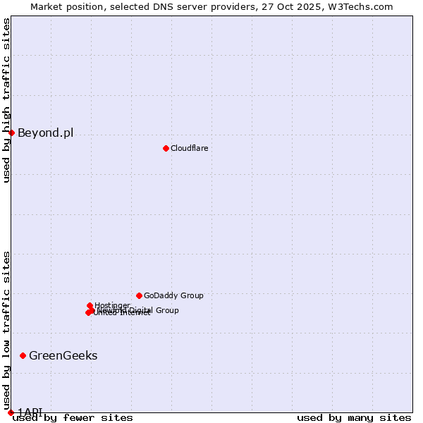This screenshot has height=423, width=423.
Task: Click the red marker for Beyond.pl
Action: [x=11, y=133]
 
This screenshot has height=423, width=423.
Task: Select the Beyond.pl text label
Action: [x=45, y=133]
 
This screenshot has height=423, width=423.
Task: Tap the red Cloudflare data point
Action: [x=166, y=148]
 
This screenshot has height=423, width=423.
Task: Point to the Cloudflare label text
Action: [x=189, y=148]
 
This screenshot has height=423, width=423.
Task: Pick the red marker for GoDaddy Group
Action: [x=139, y=295]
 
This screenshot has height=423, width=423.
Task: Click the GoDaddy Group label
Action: [x=173, y=295]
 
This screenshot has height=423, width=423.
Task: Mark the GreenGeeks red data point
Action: [x=23, y=355]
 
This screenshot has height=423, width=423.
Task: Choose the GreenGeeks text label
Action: [x=63, y=355]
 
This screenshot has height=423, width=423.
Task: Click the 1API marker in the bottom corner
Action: [x=11, y=412]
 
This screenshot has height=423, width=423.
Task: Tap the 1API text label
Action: [x=30, y=411]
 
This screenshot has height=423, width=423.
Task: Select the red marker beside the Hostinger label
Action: [x=90, y=305]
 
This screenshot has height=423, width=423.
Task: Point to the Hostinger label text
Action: [x=112, y=305]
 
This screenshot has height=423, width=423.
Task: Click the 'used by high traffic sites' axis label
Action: [x=7, y=100]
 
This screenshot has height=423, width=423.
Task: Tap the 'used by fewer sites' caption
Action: [x=73, y=418]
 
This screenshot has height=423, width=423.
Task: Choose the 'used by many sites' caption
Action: [x=354, y=418]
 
